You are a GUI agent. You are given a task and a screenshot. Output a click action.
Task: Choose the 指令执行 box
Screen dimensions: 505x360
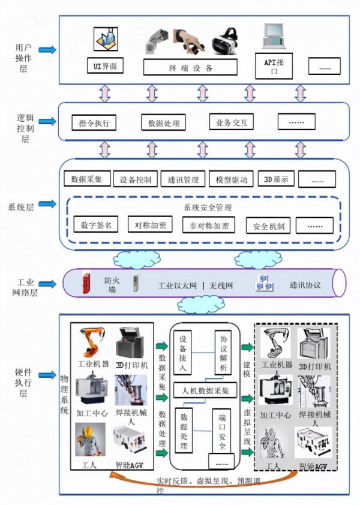(94, 123)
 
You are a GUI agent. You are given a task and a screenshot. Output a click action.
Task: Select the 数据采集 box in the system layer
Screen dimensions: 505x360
(86, 179)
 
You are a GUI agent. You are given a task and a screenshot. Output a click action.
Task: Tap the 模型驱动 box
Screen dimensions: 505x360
(231, 179)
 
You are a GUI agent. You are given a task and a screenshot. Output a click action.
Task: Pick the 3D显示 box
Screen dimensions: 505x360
(276, 179)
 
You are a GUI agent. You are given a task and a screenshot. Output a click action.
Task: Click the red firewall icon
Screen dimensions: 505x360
(88, 283)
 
